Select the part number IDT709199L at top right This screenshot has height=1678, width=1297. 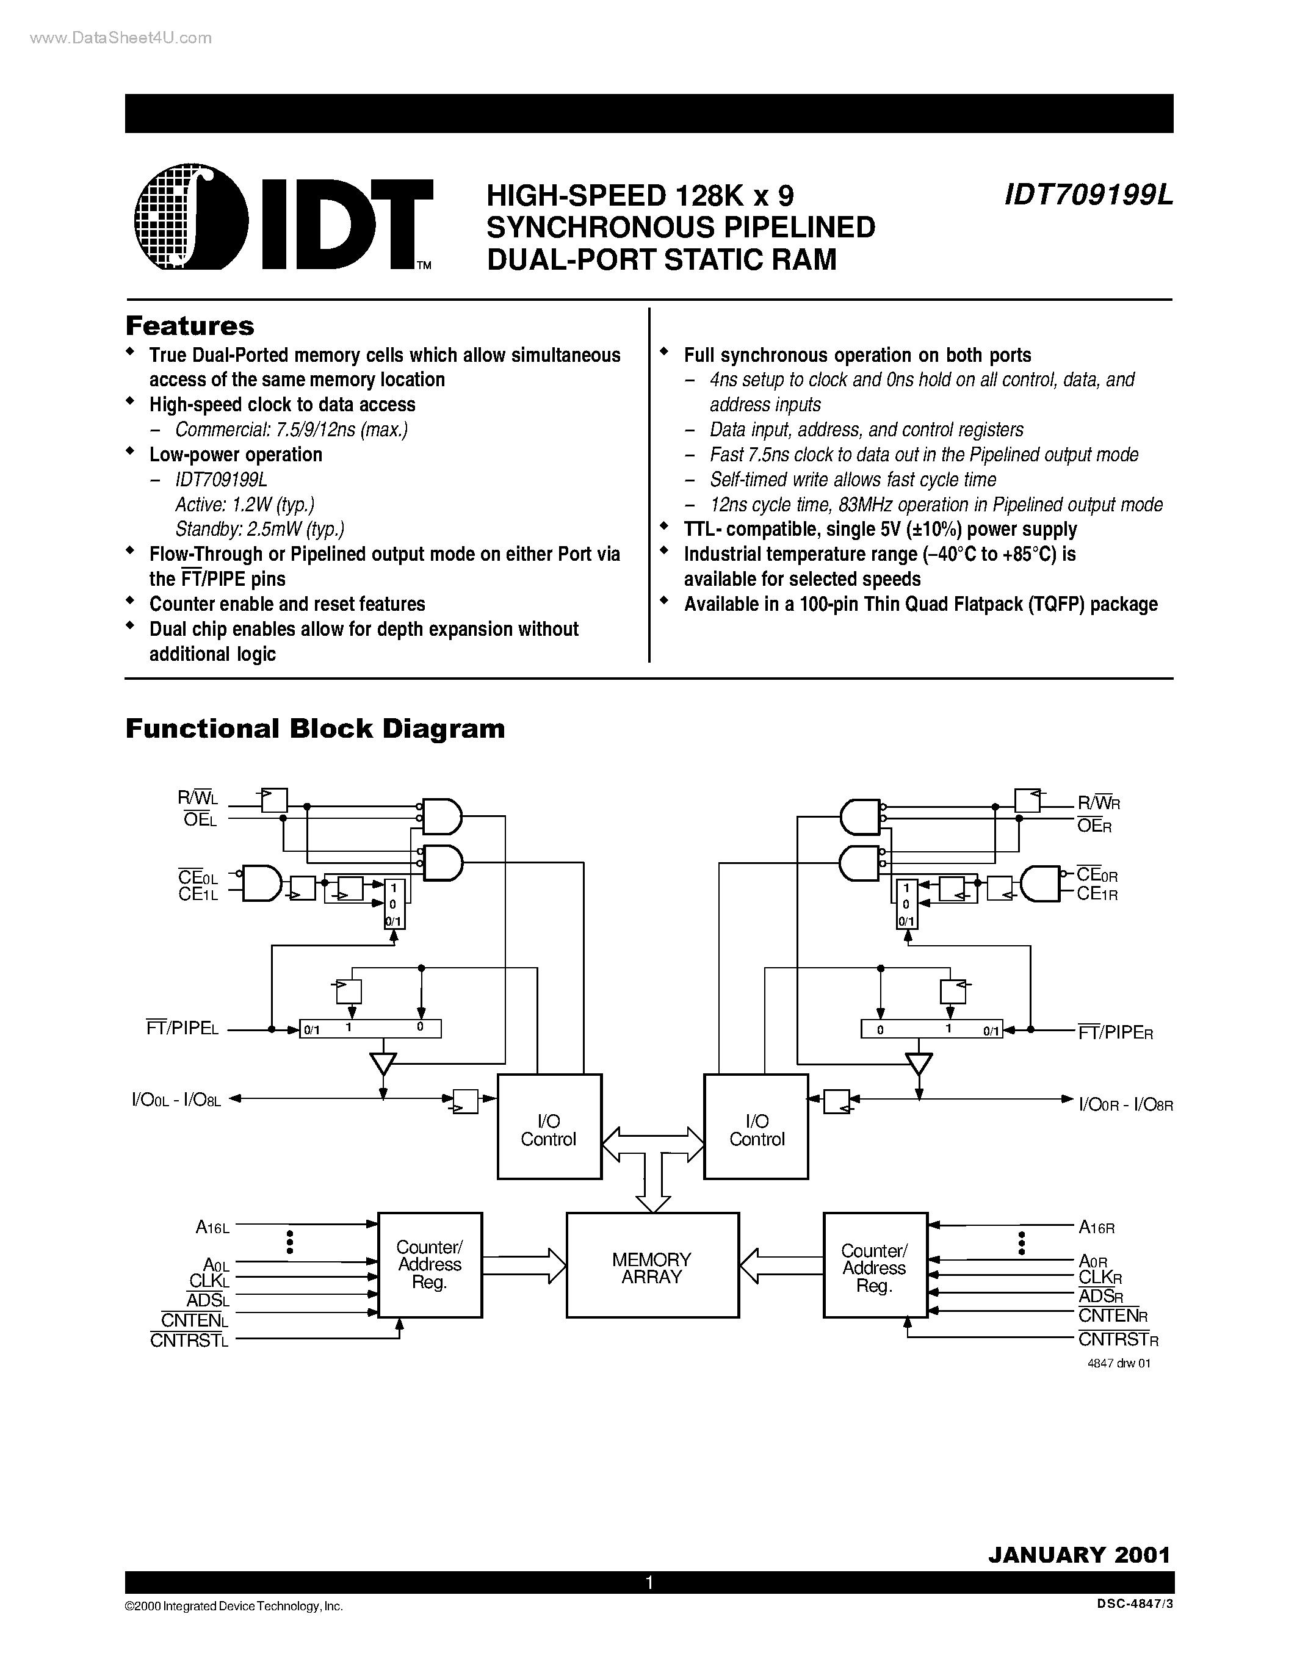1088,196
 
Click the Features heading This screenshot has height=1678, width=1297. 190,326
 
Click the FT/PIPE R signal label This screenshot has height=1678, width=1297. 1116,1032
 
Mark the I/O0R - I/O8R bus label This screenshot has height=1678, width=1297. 1125,1105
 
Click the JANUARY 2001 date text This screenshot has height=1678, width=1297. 1078,1554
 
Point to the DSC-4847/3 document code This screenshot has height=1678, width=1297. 1136,1606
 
